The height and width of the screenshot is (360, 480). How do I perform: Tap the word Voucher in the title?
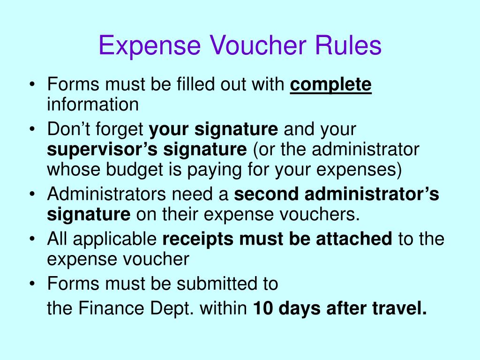[x=257, y=46]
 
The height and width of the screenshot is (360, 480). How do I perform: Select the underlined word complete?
[x=331, y=85]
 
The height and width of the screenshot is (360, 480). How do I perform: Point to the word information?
[x=93, y=104]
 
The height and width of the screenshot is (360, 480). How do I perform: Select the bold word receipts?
[x=198, y=239]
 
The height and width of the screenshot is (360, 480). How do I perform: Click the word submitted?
[x=215, y=283]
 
